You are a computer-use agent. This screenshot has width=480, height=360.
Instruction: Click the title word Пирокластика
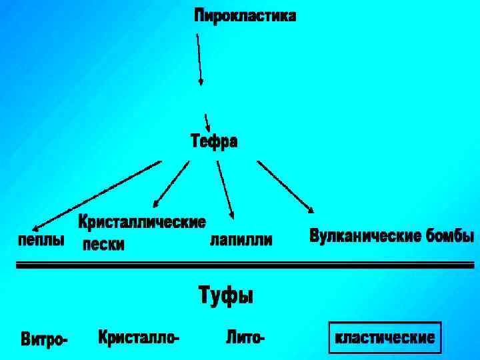245,16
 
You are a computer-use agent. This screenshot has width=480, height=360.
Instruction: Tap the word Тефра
214,141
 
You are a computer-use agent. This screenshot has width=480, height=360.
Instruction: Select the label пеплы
41,240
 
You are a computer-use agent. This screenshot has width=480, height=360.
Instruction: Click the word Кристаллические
142,221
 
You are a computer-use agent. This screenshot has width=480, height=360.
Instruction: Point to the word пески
103,245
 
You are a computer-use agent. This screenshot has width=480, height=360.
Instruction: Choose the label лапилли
241,240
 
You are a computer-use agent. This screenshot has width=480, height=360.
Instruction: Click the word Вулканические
365,236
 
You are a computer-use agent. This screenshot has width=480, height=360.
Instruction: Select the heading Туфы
226,295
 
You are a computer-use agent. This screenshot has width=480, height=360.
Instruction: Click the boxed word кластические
385,338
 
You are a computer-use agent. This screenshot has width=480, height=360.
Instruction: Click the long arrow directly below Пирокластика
199,60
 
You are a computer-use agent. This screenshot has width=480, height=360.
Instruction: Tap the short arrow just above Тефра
207,123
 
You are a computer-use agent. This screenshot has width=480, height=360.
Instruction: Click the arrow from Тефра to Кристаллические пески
171,184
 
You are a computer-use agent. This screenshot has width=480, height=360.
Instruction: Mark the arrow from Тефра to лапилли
225,189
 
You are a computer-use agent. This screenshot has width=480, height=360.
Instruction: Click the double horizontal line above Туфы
244,265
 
